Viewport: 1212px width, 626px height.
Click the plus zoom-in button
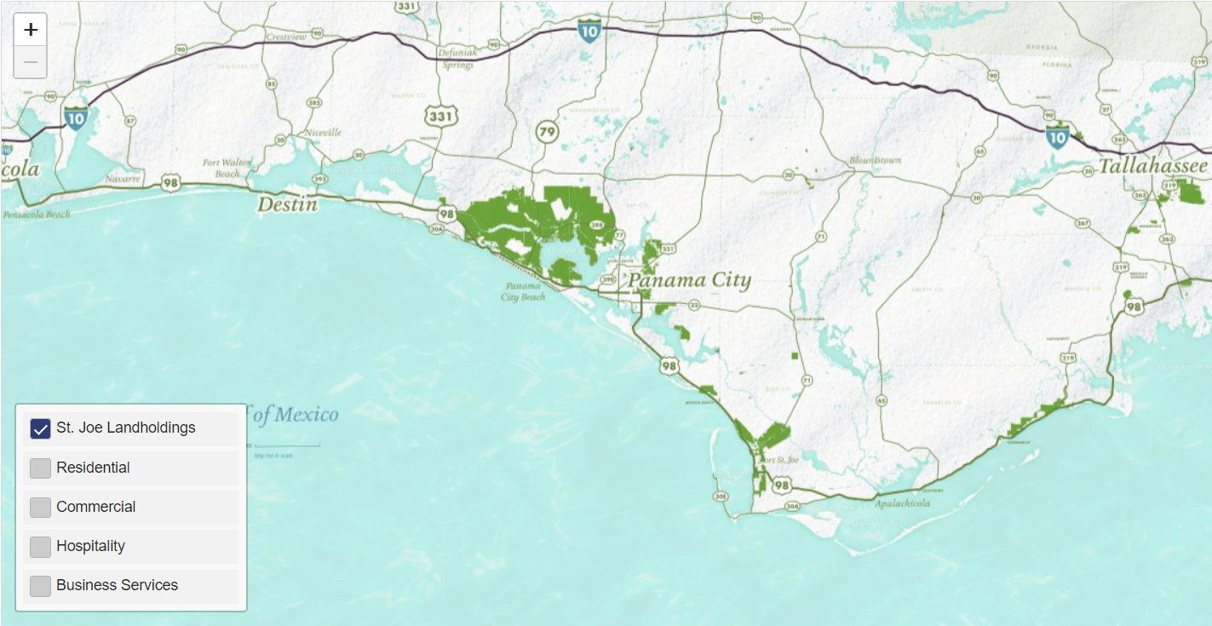[x=31, y=30]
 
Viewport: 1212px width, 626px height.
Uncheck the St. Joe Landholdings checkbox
[x=41, y=428]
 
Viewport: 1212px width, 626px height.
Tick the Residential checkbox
[x=41, y=468]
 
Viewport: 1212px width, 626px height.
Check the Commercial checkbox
[x=41, y=507]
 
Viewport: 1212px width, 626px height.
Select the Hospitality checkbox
[x=41, y=546]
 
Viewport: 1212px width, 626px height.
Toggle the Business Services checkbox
[x=41, y=585]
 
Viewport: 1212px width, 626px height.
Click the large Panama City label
[x=690, y=280]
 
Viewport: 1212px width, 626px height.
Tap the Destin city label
[x=287, y=204]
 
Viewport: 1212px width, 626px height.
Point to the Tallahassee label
[x=1153, y=166]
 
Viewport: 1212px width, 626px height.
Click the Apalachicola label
[x=902, y=503]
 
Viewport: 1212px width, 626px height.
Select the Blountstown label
[x=875, y=160]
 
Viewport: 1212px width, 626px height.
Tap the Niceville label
[x=323, y=133]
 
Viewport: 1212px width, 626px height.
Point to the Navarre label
[x=121, y=179]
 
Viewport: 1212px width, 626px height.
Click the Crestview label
[x=285, y=37]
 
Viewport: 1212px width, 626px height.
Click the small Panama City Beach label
[x=523, y=291]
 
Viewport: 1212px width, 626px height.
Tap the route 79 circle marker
[x=546, y=132]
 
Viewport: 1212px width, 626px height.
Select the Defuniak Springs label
[x=457, y=58]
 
